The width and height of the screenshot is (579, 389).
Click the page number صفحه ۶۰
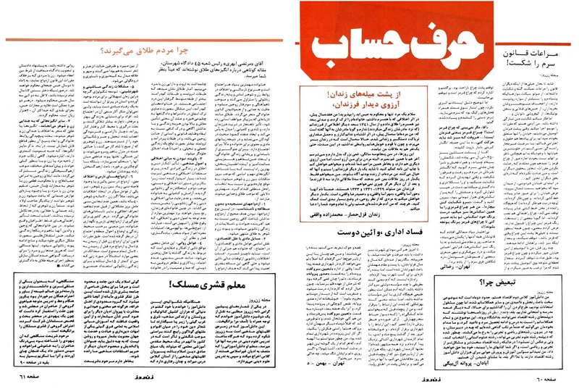[557, 379]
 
